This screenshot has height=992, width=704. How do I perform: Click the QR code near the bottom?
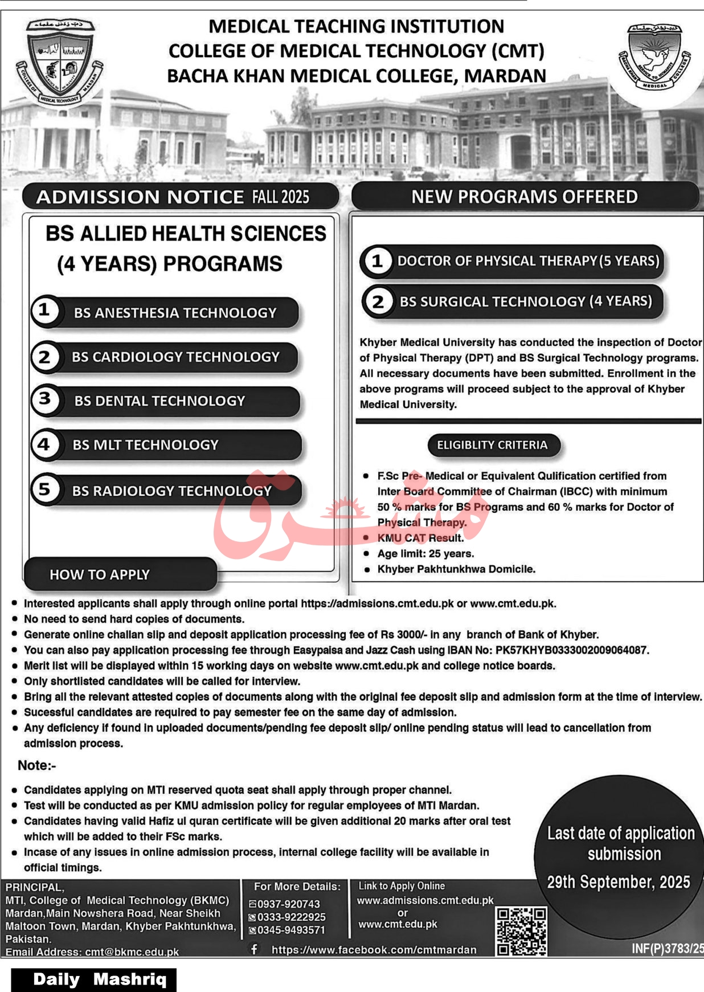[521, 931]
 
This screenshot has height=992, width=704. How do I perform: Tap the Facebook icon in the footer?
[254, 949]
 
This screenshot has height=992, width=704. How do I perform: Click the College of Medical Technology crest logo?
[59, 62]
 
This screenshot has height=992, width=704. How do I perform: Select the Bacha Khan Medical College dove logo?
[654, 58]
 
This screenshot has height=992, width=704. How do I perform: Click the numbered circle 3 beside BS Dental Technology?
[44, 399]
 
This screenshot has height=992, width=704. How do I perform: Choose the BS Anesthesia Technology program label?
[175, 313]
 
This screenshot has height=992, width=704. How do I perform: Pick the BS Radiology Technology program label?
[171, 491]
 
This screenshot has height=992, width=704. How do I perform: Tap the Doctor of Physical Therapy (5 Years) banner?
[527, 261]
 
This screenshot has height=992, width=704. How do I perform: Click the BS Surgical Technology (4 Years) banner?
[525, 301]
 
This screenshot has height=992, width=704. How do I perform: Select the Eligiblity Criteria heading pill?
[492, 445]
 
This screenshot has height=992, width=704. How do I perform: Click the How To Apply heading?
[100, 574]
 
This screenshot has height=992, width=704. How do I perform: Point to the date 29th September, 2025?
[618, 882]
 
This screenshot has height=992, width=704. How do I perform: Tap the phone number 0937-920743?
[288, 904]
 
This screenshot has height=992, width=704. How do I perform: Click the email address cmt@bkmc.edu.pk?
[132, 952]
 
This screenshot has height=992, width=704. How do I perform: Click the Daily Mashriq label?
[100, 979]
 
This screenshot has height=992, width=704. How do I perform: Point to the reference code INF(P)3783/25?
[667, 949]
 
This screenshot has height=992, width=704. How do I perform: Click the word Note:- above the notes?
[37, 765]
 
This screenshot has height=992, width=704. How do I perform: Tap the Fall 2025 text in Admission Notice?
[281, 197]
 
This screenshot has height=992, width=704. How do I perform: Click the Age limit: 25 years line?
[425, 553]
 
